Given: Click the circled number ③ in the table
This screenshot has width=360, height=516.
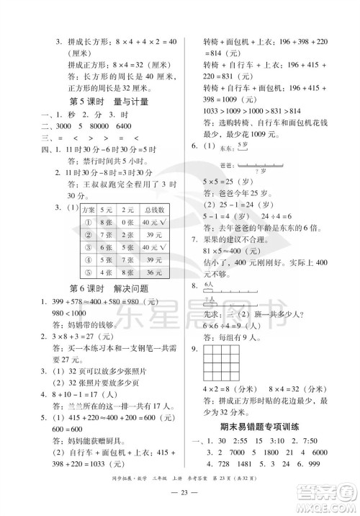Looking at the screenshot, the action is tap(88, 247).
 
